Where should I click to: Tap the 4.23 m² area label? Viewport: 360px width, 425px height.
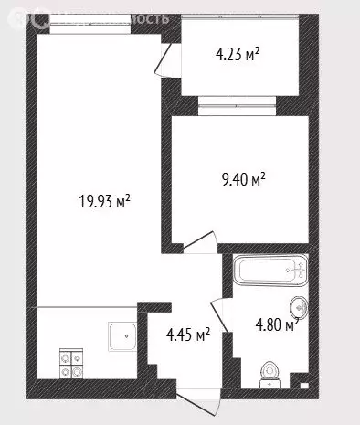point(237,55)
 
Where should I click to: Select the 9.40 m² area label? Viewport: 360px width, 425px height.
point(241,181)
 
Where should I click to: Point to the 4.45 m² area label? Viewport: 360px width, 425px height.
point(187,335)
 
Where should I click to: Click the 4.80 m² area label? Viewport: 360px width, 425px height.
point(275,324)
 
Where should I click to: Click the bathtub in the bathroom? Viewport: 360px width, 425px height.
point(270,271)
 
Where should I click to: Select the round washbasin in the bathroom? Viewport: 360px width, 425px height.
point(298,307)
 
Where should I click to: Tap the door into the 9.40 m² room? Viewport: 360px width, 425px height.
point(198,241)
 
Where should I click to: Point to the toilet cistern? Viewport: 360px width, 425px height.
point(269,384)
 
